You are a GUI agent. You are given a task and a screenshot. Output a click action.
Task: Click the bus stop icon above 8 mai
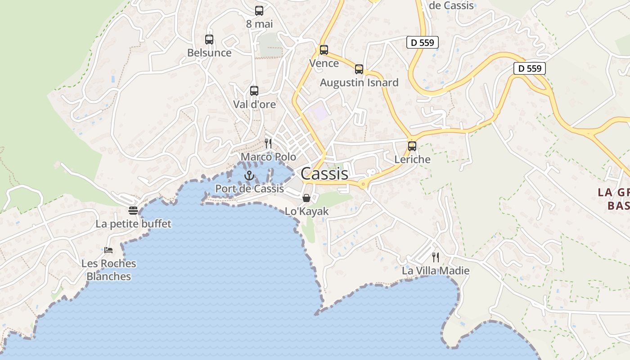coord(259,11)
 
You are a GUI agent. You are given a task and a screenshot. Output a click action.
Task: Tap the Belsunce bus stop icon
coord(209,40)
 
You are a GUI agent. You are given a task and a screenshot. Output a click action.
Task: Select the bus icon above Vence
coord(324,50)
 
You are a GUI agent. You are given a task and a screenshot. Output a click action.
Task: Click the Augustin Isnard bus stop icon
coord(359,69)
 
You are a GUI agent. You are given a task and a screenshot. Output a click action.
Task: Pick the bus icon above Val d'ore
coord(254,91)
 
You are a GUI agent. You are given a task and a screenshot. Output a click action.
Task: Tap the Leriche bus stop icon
coord(412,146)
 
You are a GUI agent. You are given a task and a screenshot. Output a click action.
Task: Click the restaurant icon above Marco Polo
coord(268,144)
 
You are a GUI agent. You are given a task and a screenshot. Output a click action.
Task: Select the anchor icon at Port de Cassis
coord(249,175)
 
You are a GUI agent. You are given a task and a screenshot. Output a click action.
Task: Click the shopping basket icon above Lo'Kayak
coord(306,198)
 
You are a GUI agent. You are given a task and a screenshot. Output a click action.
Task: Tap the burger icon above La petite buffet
coord(133,210)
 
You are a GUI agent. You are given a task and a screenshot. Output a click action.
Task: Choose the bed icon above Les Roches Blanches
coord(108,250)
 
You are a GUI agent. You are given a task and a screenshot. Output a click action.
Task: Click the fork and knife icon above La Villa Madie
coord(435,257)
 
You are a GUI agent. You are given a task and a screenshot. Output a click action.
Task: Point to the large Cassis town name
coord(324,174)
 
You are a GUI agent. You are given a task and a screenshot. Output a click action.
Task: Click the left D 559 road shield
coord(422,43)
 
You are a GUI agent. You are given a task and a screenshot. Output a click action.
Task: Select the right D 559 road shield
coord(530,68)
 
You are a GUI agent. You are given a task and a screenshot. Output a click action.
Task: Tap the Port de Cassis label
coord(249,189)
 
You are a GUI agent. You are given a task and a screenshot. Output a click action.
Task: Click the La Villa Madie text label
coord(435,271)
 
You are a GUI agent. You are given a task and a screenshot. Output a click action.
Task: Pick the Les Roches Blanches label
coord(108,270)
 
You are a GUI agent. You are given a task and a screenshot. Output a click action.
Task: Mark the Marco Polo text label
coord(268,157)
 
